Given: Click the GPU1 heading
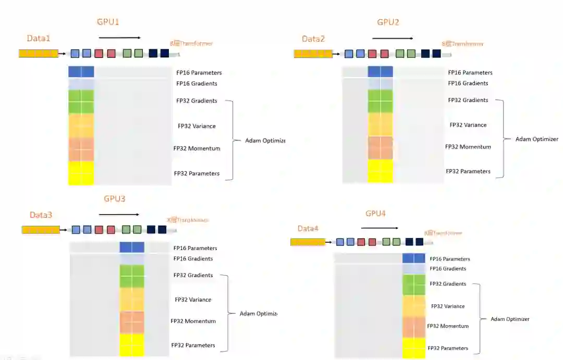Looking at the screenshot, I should (108, 22).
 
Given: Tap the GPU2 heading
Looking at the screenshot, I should (388, 22).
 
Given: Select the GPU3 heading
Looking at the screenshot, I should (114, 199).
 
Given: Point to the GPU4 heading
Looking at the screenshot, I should (375, 214).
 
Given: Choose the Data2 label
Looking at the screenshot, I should (313, 39).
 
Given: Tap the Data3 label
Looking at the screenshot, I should (41, 215).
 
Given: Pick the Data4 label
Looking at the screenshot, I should (308, 229).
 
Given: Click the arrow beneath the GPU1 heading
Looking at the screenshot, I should (120, 38).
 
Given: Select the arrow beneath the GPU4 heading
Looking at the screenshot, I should (380, 228).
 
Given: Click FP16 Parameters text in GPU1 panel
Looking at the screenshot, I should (199, 73).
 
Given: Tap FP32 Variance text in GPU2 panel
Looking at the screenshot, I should (468, 125).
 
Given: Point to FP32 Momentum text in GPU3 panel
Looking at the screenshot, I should (193, 321).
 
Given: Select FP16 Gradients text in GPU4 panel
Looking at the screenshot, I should (448, 269).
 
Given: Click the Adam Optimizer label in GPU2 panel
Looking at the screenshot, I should (536, 139).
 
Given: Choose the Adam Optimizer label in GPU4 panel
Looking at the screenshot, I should (510, 319).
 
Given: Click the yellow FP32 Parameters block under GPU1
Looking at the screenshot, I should (81, 173).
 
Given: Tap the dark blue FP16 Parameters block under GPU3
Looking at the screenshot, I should (131, 247).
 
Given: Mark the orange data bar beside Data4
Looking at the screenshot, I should (308, 242).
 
